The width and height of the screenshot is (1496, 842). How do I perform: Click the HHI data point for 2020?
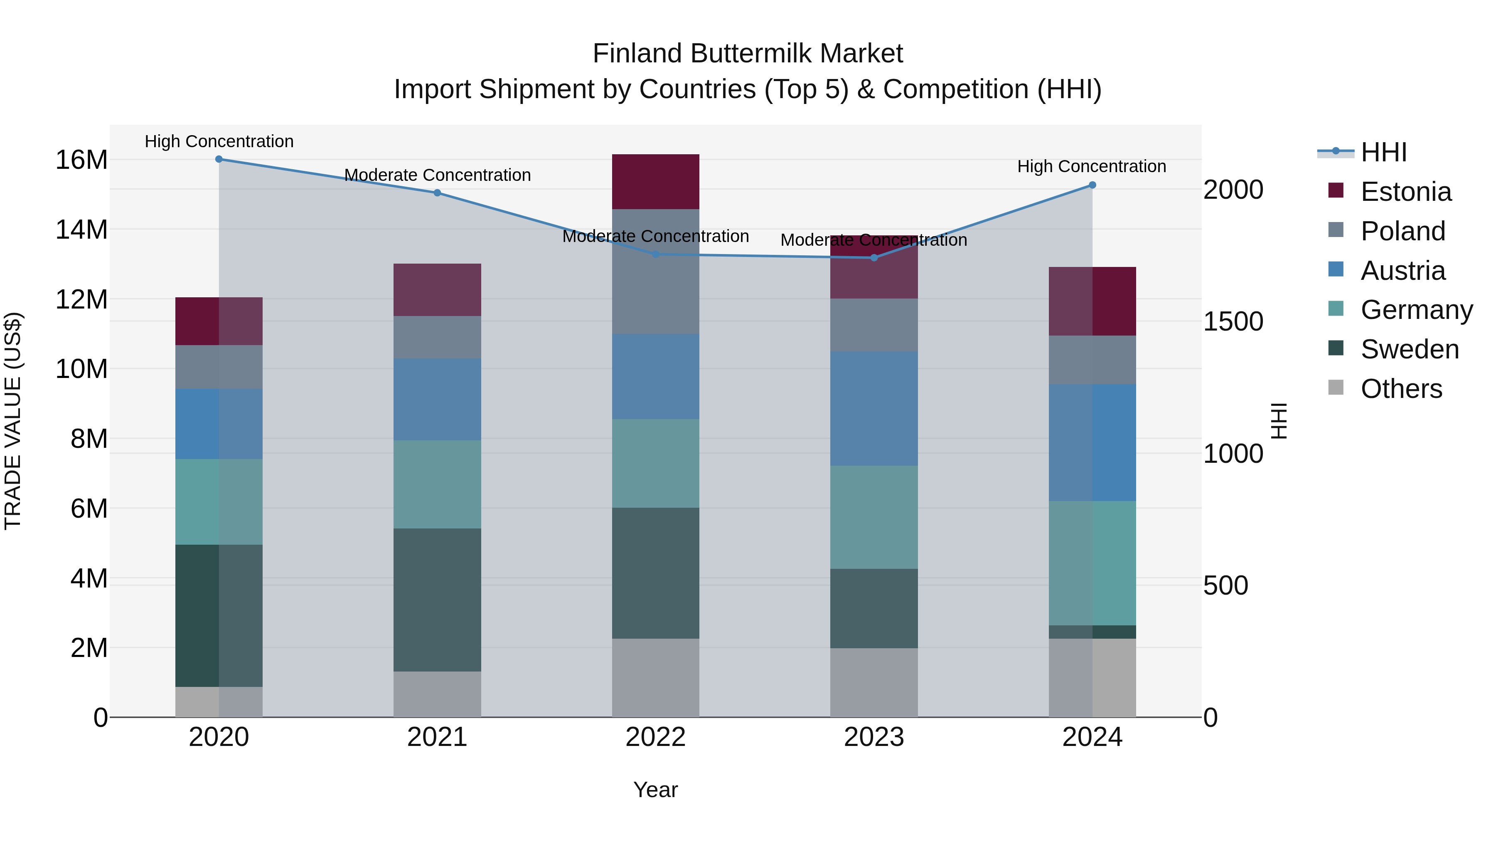[219, 159]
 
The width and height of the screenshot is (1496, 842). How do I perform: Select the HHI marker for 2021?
[437, 193]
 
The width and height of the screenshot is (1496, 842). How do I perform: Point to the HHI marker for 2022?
[656, 254]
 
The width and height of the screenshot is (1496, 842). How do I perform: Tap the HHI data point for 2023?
[874, 257]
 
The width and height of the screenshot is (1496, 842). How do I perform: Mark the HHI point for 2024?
[1092, 185]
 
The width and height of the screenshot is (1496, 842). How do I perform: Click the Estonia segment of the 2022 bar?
[656, 182]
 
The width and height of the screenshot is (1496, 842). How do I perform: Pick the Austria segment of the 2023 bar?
[874, 408]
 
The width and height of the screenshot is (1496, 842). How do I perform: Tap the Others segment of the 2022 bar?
[656, 678]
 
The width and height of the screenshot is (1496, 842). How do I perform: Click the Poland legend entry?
[1402, 231]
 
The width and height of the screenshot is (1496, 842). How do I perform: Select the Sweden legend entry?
[1410, 349]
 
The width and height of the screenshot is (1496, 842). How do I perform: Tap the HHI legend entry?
[1383, 152]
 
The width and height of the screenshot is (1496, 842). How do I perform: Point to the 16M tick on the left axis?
[81, 160]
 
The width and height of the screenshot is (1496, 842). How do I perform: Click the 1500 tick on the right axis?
[1233, 321]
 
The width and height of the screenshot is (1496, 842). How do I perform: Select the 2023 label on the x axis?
[874, 737]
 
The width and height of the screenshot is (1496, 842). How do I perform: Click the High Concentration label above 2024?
[1092, 166]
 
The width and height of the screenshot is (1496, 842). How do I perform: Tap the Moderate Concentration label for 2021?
[437, 175]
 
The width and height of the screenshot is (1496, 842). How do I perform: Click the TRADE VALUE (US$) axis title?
[13, 421]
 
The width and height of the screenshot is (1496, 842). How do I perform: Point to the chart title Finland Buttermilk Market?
[748, 54]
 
